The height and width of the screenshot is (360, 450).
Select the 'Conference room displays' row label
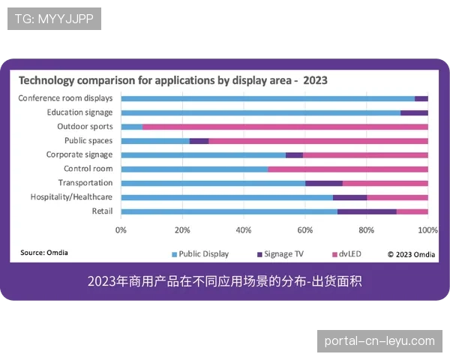[x=65, y=98]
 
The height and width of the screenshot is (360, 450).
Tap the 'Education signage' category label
[x=79, y=112]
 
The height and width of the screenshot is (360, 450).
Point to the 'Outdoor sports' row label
[x=85, y=127]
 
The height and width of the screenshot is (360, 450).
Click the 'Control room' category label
[x=88, y=169]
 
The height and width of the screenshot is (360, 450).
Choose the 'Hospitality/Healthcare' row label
[x=71, y=197]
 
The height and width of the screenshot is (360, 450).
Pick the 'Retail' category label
[x=101, y=211]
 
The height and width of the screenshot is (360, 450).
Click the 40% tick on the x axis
[x=243, y=229]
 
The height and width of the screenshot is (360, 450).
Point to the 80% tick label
[x=366, y=229]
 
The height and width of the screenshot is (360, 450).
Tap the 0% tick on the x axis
[x=121, y=229]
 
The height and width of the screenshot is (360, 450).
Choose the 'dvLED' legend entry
[x=349, y=253]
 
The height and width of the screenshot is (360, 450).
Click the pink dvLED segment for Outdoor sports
[x=285, y=127]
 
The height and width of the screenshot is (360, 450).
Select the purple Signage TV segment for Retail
[x=367, y=211]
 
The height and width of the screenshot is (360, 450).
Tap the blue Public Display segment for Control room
[x=194, y=169]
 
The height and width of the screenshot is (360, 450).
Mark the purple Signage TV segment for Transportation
[x=324, y=183]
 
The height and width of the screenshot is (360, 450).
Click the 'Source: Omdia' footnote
[x=43, y=253]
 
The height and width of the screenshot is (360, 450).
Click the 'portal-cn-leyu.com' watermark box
[x=379, y=340]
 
